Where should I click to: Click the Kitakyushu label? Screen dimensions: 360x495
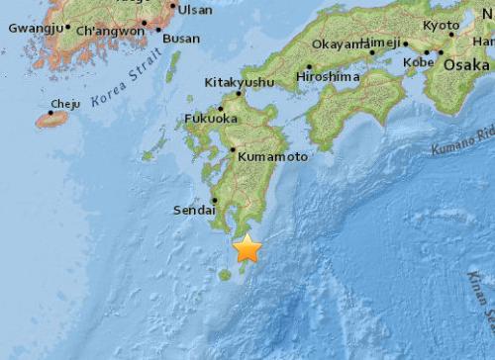coord(239,83)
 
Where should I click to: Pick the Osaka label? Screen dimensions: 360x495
coord(465,62)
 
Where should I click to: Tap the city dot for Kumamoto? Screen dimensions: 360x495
coord(233,150)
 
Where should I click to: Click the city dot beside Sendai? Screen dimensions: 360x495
coord(215,200)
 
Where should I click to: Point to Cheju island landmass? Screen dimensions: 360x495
coord(52,119)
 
